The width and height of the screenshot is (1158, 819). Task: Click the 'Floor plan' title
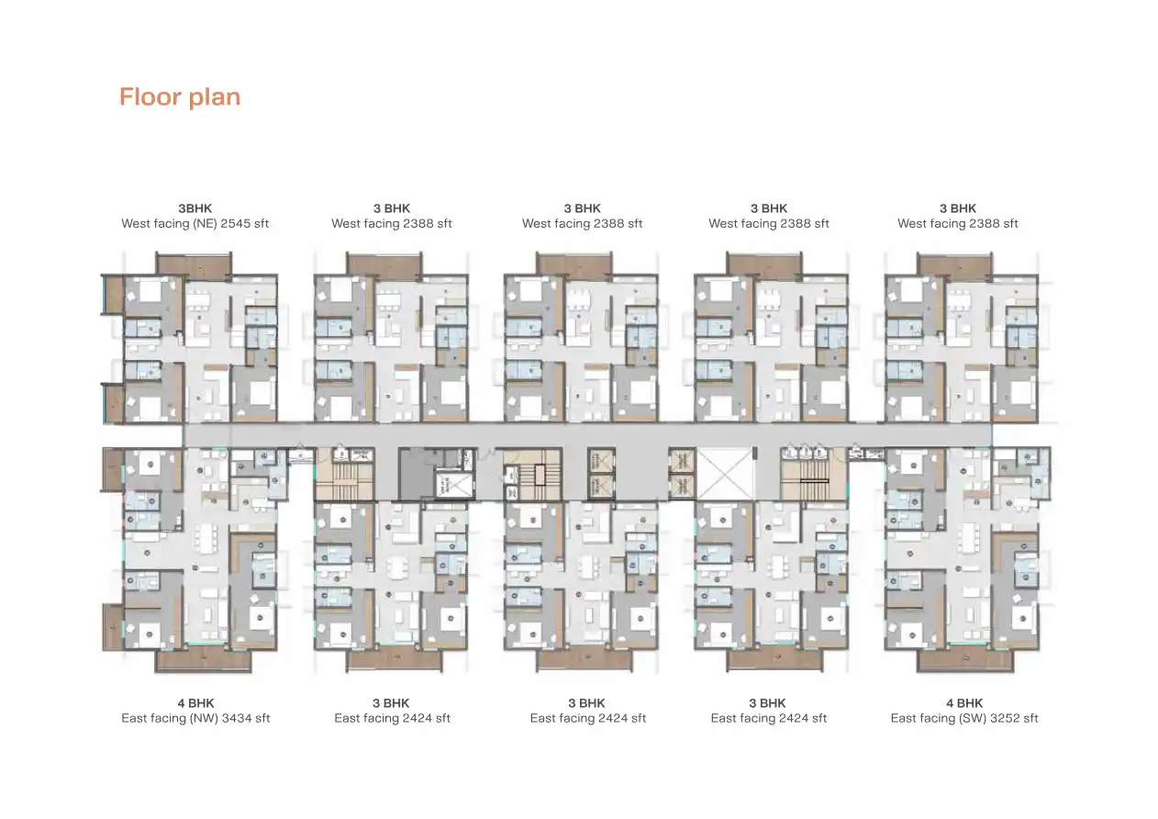(x=180, y=97)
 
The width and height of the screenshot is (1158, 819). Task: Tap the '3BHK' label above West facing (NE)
(x=195, y=208)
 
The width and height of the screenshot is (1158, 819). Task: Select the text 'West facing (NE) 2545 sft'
(x=195, y=223)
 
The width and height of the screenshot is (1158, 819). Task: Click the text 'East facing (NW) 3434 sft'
(x=195, y=718)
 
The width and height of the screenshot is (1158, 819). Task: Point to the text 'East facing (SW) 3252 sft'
(x=963, y=718)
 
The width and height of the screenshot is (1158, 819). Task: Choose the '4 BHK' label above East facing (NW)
(x=195, y=703)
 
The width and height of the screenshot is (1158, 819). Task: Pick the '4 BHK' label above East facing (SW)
(x=963, y=703)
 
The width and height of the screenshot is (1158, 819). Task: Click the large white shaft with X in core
(x=725, y=474)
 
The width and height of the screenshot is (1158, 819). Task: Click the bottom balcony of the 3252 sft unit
(x=963, y=660)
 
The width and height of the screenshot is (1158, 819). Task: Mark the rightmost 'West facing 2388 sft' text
(x=957, y=223)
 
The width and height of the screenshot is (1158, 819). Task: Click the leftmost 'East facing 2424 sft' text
(x=392, y=718)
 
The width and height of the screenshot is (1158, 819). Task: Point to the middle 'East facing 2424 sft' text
(x=587, y=718)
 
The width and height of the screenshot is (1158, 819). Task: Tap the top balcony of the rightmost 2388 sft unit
(x=954, y=265)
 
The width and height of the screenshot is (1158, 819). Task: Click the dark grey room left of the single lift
(x=414, y=474)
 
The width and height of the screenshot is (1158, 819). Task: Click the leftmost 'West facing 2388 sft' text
(x=392, y=223)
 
